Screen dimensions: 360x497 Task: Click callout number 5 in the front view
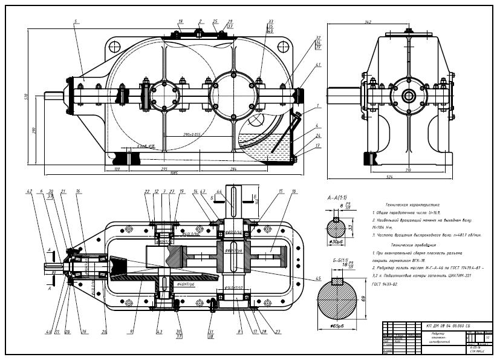[x=75, y=21]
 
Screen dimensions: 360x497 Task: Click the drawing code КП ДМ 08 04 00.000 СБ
[x=448, y=326]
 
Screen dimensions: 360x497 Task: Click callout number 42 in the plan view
[x=28, y=191]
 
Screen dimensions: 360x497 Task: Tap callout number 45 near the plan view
[x=301, y=279]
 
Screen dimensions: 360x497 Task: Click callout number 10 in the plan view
[x=293, y=191]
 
